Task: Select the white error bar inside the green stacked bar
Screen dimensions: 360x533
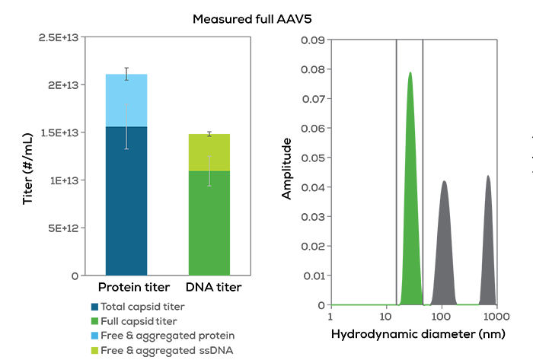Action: tap(209, 171)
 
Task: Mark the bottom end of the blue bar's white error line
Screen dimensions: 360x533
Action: tap(126, 149)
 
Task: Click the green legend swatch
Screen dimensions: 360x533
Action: tap(84, 320)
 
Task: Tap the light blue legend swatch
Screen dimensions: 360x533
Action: tap(84, 335)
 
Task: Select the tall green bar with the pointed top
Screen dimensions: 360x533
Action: tap(410, 183)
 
